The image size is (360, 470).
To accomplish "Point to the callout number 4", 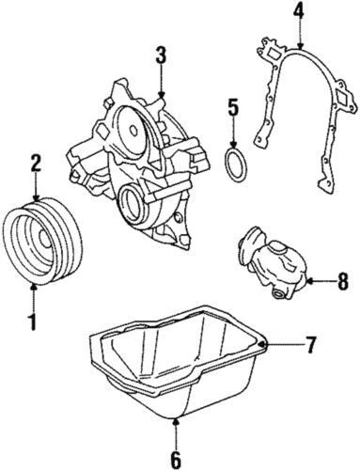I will coord(298,12).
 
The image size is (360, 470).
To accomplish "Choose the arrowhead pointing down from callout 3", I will coord(162,94).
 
